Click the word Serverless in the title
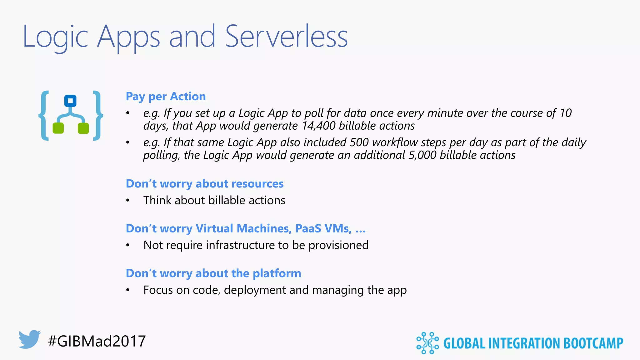pos(286,37)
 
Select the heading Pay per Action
pos(166,97)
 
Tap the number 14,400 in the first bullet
pos(319,126)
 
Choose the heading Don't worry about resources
pos(204,184)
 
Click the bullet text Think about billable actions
pos(214,200)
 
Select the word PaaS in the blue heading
pos(308,229)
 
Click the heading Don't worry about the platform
pos(213,273)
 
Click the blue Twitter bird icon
pos(29,339)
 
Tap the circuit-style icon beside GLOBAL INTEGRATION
pos(427,343)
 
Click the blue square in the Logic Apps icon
pos(70,101)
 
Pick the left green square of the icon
pos(58,128)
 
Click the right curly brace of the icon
pos(98,116)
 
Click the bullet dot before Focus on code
pos(127,290)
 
